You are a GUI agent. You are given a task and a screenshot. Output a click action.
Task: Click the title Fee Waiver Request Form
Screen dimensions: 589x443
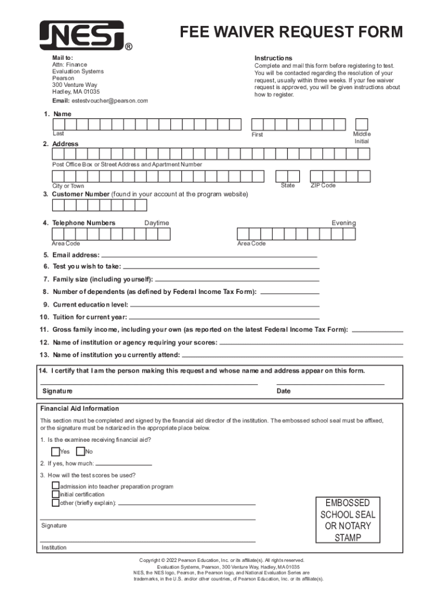point(291,32)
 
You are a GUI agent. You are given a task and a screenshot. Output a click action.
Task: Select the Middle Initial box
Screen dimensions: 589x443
point(361,124)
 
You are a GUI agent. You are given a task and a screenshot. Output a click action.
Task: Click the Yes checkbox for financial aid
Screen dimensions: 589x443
point(55,452)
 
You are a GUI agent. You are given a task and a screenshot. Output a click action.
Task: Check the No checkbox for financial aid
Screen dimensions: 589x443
point(81,452)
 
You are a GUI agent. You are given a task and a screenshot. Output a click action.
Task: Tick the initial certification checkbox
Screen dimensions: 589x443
point(55,494)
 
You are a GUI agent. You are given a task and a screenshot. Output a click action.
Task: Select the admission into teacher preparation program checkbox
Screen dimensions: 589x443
point(55,486)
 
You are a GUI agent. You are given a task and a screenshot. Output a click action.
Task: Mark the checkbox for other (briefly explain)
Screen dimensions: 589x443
point(55,503)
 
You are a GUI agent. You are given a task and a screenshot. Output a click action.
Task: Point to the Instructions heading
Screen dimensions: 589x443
point(273,58)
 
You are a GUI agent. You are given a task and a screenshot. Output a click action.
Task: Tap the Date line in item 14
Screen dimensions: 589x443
point(330,384)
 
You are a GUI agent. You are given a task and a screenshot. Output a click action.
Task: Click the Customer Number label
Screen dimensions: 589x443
point(81,194)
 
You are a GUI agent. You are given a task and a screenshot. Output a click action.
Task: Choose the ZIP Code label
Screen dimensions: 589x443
point(323,185)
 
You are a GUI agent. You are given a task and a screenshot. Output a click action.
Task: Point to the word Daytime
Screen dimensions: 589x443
point(156,223)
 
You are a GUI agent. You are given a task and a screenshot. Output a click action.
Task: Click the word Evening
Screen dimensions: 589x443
point(343,223)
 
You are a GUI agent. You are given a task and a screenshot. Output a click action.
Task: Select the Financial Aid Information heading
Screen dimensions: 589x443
point(79,408)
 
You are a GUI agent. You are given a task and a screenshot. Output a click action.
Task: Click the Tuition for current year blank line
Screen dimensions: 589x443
point(224,318)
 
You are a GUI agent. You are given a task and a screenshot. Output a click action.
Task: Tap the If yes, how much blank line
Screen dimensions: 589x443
point(124,464)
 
